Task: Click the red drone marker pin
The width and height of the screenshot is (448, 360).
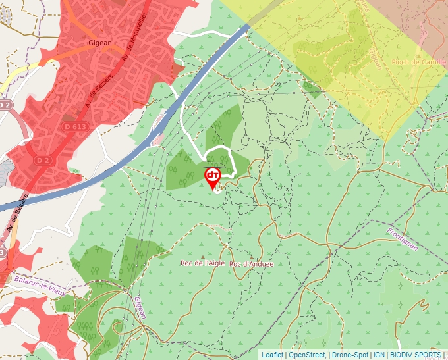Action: (x=213, y=176)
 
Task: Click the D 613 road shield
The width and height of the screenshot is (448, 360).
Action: (x=75, y=126)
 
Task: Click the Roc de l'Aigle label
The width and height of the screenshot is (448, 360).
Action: (x=203, y=263)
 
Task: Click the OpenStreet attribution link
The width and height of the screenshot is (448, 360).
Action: (x=307, y=355)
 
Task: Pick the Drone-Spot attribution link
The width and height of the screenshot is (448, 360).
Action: (x=350, y=355)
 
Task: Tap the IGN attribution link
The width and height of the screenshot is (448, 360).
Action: (x=379, y=355)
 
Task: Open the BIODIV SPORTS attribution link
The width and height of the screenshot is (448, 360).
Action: (x=416, y=355)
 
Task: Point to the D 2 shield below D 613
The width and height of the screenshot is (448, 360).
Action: (x=43, y=160)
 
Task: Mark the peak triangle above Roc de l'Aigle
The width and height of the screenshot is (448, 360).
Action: (x=202, y=255)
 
